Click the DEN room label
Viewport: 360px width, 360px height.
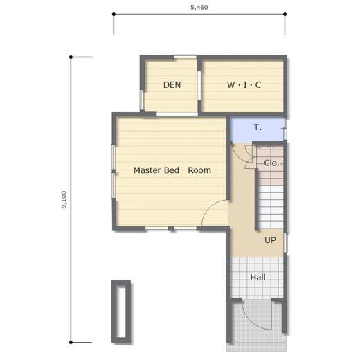coord(172,85)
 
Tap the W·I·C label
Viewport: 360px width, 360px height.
coord(244,85)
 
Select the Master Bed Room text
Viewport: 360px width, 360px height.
coord(172,170)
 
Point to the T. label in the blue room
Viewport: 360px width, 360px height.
coord(258,127)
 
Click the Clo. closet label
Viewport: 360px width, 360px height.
coord(271,163)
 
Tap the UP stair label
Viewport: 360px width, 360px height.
coord(270,240)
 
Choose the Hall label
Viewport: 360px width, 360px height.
coord(258,277)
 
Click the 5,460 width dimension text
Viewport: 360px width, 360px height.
coord(199,7)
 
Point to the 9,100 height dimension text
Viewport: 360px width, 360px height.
coord(64,199)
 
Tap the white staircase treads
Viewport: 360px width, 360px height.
coord(271,206)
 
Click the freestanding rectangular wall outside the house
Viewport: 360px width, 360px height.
coord(121,312)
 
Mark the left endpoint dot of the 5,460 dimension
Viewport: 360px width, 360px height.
coord(114,15)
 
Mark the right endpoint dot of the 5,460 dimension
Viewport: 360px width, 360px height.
coord(285,15)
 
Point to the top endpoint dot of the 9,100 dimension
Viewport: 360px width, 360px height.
coord(71,57)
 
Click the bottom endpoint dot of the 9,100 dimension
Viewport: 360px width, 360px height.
coord(71,342)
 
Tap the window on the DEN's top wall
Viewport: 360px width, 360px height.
coord(185,57)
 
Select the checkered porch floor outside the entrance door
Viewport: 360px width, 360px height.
coord(256,327)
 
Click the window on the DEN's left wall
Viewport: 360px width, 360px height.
coord(142,100)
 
